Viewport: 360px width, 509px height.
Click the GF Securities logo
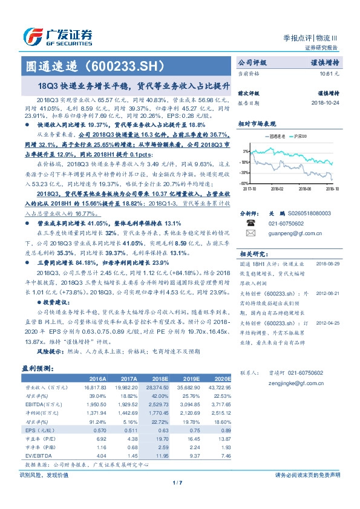[x=57, y=36]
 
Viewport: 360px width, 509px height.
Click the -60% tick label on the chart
[x=243, y=183]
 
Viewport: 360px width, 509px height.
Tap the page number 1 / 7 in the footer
[x=177, y=482]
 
